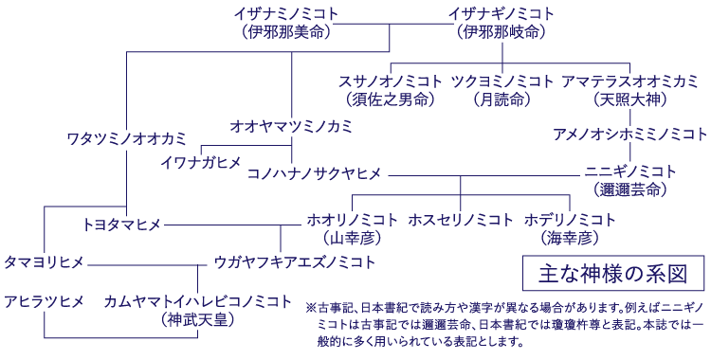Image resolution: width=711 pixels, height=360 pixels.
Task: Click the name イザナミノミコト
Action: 286,13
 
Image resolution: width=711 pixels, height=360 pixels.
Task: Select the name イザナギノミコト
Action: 501,13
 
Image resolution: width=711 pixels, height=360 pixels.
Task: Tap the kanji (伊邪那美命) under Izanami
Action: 286,31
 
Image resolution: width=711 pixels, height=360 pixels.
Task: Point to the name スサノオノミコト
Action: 392,81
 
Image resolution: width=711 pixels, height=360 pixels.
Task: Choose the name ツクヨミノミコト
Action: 501,81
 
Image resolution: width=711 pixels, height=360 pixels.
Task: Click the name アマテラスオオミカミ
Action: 629,81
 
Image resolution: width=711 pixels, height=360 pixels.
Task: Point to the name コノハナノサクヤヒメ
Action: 314,173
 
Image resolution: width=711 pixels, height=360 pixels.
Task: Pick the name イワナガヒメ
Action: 201,162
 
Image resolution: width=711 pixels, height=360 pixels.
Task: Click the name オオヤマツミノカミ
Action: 291,125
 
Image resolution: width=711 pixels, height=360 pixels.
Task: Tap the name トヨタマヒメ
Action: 121,225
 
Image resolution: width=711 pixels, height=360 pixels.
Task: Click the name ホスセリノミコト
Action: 461,220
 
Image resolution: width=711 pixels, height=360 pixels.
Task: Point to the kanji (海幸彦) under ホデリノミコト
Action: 571,237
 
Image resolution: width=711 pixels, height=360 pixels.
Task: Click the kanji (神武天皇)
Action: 198,320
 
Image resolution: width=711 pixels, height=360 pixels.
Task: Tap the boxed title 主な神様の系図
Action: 613,274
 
